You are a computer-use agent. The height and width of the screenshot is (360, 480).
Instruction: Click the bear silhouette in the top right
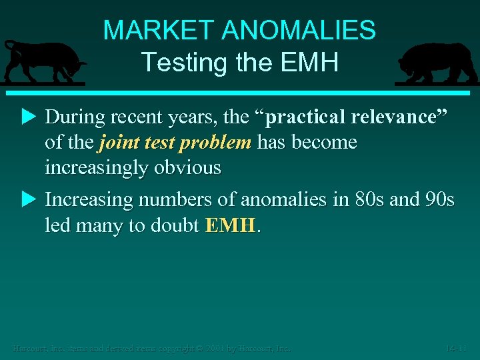[x=434, y=63]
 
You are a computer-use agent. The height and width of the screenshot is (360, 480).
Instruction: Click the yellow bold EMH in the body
[x=230, y=225]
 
